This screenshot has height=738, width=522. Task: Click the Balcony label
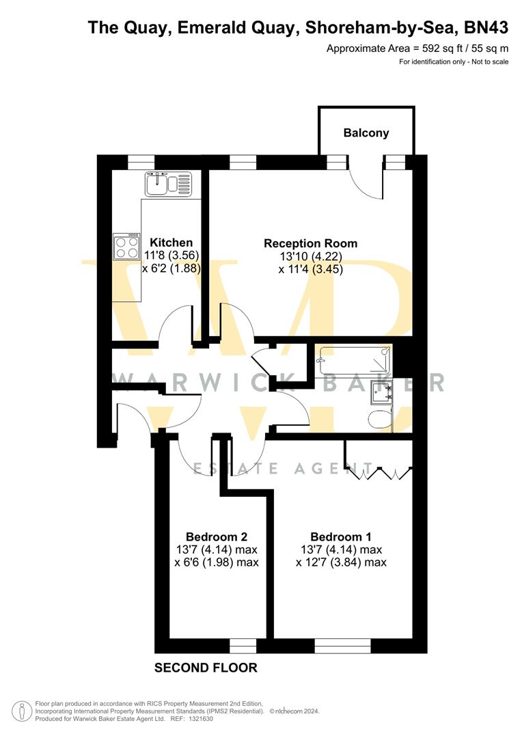click(x=366, y=133)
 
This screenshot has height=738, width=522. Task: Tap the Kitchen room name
click(x=171, y=243)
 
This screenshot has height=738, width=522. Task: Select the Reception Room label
click(x=310, y=243)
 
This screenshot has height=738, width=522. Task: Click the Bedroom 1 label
click(x=341, y=536)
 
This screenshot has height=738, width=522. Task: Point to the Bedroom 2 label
click(x=217, y=536)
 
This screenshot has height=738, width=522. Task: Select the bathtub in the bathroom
click(x=354, y=359)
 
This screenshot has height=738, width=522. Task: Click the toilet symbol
click(x=379, y=419)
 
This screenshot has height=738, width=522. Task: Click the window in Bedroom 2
click(x=243, y=645)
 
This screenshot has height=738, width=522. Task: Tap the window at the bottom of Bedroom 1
click(x=342, y=645)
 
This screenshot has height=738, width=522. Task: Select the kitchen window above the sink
click(x=141, y=162)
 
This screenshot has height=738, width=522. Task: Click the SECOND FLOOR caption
click(x=206, y=668)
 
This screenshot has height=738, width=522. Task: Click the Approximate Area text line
click(x=417, y=49)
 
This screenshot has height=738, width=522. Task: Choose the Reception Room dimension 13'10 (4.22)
click(x=310, y=256)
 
